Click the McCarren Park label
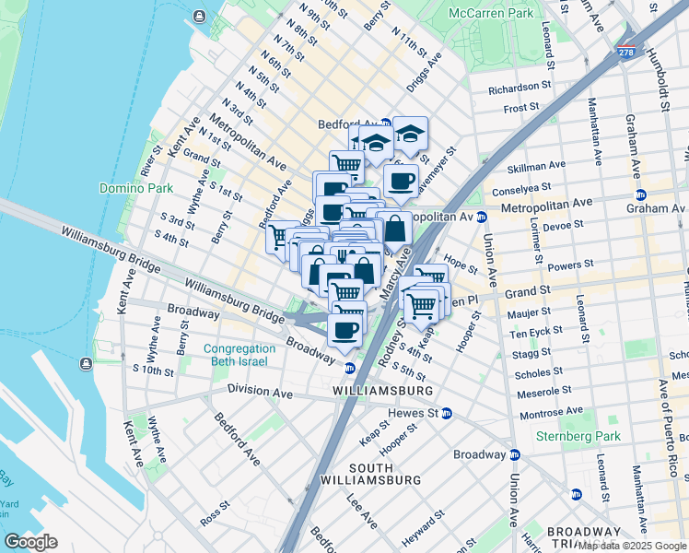[x=493, y=14]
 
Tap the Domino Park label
[x=131, y=188]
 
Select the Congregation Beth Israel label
[x=239, y=355]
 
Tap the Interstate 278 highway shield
[x=626, y=53]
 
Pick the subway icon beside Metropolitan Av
[x=481, y=217]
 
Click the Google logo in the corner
[x=31, y=541]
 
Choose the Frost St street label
[x=521, y=108]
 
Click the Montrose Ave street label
[x=551, y=410]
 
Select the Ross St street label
[x=215, y=508]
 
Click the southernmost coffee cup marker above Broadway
[x=345, y=331]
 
